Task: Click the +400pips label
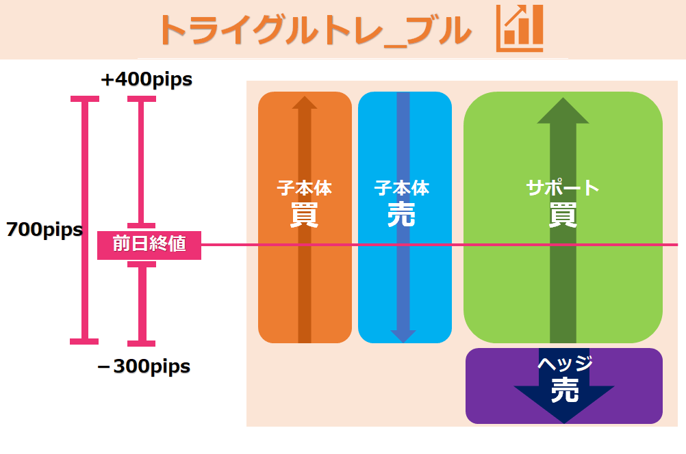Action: coord(147,80)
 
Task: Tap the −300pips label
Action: coord(144,366)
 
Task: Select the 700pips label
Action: coord(44,230)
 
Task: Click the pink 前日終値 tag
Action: coord(149,244)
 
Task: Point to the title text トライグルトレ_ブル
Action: coord(314,30)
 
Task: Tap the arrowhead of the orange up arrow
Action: coord(305,103)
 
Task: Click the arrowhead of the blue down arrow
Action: coord(403,335)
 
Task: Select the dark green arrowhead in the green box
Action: coord(563,111)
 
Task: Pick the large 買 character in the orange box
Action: coord(304,215)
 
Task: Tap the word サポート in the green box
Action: coord(563,187)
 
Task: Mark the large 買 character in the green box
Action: coord(563,215)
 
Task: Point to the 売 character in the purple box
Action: coord(565,391)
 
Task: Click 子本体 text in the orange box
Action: coord(304,187)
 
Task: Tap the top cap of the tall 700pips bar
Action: coord(85,99)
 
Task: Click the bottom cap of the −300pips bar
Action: coord(142,341)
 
